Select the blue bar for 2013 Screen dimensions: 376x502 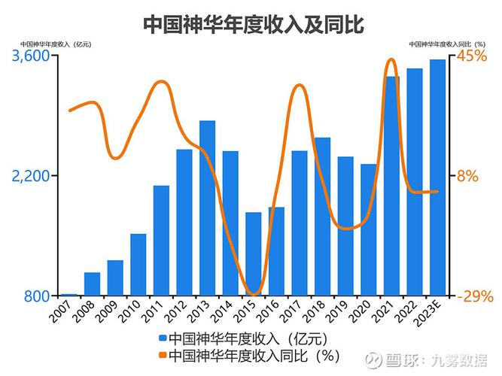pos(208,208)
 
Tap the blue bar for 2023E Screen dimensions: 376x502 pos(437,177)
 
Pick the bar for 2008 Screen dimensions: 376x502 pos(93,284)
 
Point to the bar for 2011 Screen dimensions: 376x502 pos(161,240)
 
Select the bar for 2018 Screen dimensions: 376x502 pos(322,217)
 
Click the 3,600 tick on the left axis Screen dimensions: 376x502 pos(29,56)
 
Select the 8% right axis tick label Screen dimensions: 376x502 pos(468,176)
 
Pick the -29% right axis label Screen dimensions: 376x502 pos(476,296)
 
